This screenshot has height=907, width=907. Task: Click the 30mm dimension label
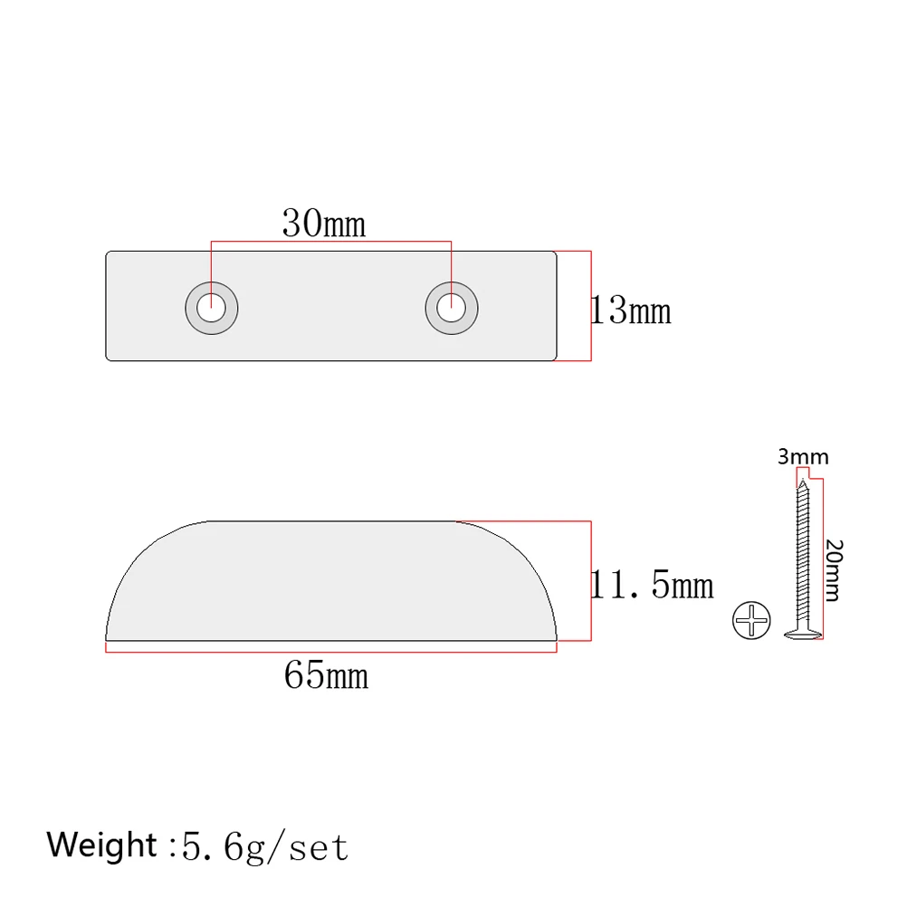coord(324,223)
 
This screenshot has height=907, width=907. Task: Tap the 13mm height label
coord(631,311)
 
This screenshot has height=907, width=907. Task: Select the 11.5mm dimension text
coord(652,586)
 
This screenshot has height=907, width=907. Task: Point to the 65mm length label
coord(326,674)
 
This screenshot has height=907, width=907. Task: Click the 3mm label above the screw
coord(803,457)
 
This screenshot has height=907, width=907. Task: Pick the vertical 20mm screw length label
coord(835,570)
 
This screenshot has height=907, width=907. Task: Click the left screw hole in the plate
coord(212,308)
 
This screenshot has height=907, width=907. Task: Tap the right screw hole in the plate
coord(451,308)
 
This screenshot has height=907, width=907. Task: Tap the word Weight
coord(102,845)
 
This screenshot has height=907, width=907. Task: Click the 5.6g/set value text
coord(264,846)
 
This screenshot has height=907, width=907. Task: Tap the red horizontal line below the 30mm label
coord(330,242)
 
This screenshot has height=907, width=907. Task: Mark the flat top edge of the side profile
coord(330,521)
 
